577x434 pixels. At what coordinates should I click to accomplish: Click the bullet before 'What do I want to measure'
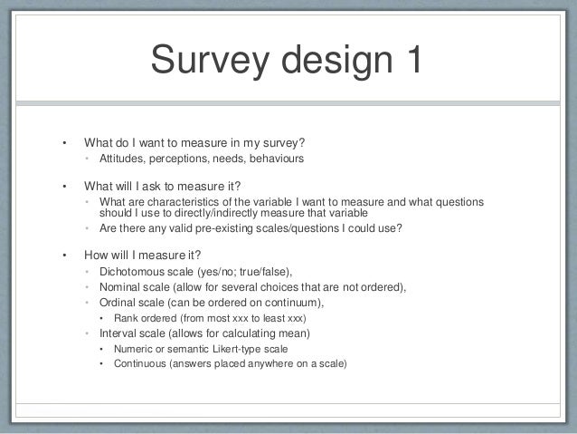(63, 142)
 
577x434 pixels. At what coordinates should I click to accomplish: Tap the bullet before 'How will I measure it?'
(63, 255)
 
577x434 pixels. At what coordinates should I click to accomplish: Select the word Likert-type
(256, 349)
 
